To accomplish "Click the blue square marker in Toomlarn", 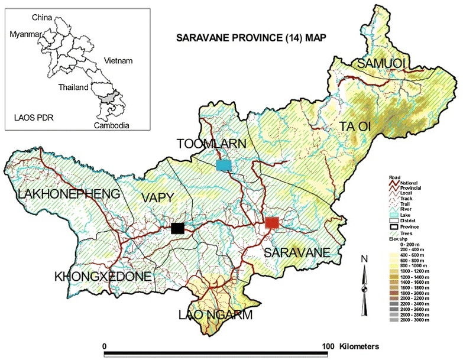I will (224, 166).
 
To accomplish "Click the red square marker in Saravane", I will (271, 222).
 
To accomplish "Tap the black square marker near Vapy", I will (177, 228).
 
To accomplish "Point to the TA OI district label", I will (357, 125).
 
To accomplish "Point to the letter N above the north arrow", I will (366, 259).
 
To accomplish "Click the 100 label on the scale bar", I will (329, 345).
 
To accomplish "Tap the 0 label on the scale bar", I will (105, 345).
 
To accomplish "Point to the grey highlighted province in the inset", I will (108, 97).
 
